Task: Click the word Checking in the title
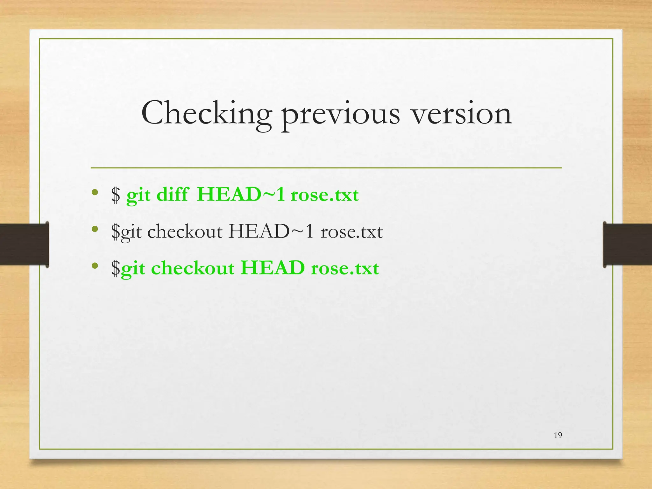[x=206, y=113]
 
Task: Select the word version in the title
[x=462, y=113]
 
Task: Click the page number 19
[x=558, y=435]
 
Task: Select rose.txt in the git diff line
[x=324, y=195]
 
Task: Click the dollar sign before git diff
[x=116, y=195]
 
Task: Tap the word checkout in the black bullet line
[x=185, y=231]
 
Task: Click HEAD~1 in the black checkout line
[x=271, y=231]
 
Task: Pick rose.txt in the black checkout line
[x=351, y=232]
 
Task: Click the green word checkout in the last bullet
[x=193, y=268]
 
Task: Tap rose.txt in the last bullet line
[x=345, y=268]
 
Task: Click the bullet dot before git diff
[x=94, y=192]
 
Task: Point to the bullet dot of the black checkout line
[x=94, y=229]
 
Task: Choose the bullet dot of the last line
[x=94, y=266]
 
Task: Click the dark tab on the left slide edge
[x=24, y=244]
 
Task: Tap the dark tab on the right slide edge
[x=627, y=244]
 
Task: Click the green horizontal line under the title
[x=326, y=168]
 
